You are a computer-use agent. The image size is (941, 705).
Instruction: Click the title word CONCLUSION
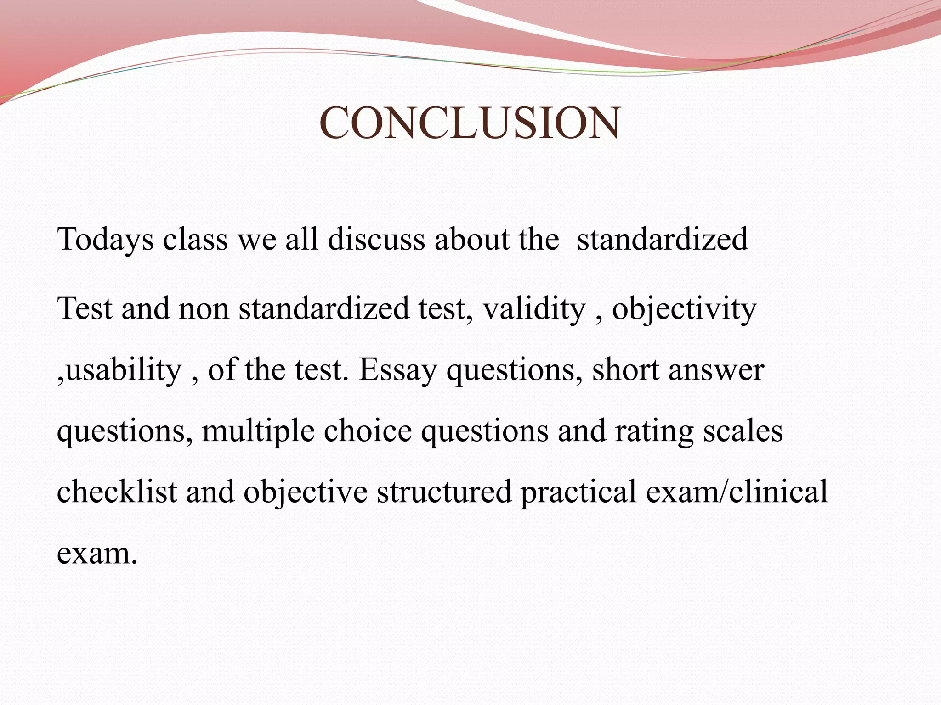(x=470, y=123)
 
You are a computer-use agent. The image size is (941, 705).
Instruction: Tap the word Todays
(x=105, y=240)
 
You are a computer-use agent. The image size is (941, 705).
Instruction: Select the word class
(x=195, y=240)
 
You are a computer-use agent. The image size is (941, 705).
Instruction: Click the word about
(x=472, y=240)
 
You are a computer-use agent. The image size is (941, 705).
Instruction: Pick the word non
(x=204, y=308)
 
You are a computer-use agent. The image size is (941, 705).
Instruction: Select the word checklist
(x=117, y=492)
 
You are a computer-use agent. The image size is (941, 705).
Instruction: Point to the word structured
(x=444, y=492)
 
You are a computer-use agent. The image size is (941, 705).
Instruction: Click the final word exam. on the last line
(x=97, y=554)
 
